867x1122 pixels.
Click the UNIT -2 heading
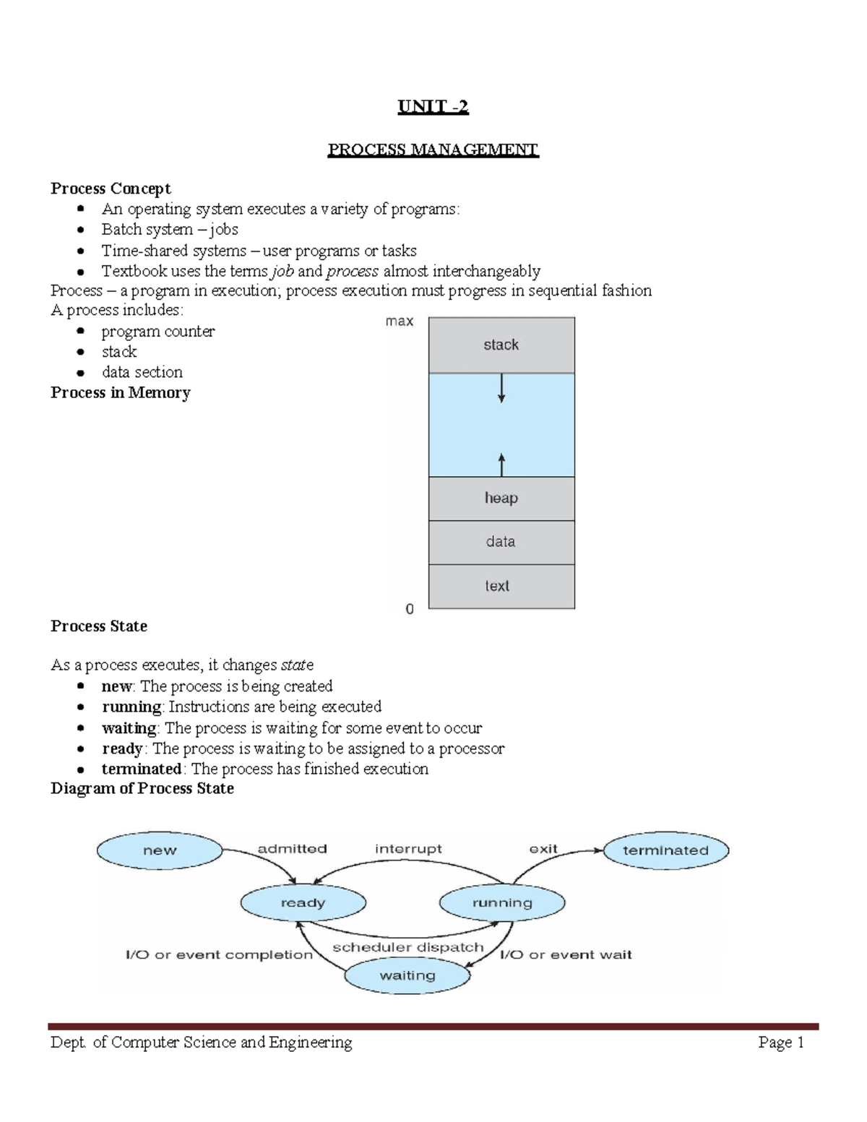pos(433,107)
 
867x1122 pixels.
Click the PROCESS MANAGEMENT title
pos(433,150)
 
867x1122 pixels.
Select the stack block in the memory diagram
pos(501,345)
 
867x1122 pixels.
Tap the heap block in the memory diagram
pos(501,498)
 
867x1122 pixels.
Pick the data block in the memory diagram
pos(501,542)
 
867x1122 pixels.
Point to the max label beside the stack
pos(400,321)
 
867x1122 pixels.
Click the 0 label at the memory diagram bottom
pos(410,609)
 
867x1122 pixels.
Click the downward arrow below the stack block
pos(501,387)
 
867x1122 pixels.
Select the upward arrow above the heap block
pos(501,463)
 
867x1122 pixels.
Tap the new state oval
pos(160,850)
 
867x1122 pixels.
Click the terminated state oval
pos(665,850)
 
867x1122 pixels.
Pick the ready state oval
pos(303,902)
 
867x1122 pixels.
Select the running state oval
pos(502,902)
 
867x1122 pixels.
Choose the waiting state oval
pos(407,975)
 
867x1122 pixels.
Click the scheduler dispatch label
pos(407,947)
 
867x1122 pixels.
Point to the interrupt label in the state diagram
pos(408,849)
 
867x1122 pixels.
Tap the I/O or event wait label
pos(566,954)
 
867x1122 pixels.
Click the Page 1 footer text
pos(781,1042)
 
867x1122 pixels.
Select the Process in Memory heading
pos(121,392)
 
